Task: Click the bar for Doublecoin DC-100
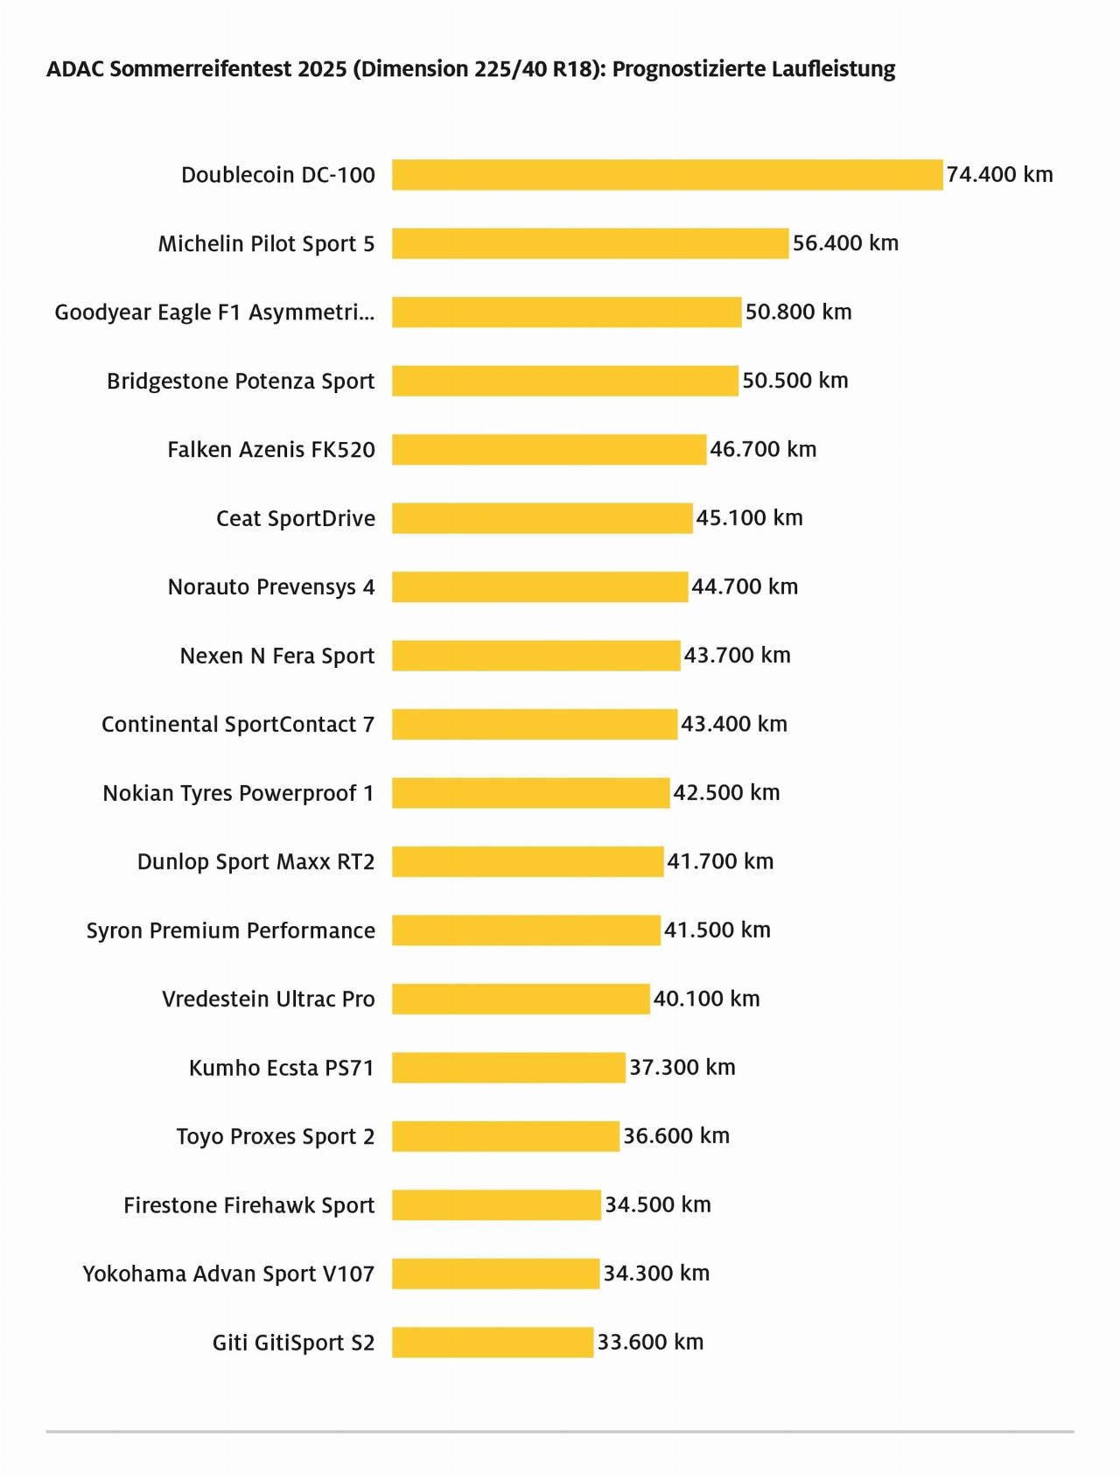(x=667, y=175)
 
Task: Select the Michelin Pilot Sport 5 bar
(x=590, y=243)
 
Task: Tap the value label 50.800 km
(x=798, y=312)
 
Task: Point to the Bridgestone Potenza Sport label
(x=241, y=382)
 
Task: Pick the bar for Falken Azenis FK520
(x=549, y=450)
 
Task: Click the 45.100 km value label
(x=749, y=518)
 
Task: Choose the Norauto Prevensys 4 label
(x=271, y=587)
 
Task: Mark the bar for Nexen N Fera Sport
(x=535, y=656)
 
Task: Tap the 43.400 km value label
(x=734, y=724)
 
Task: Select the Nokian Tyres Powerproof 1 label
(x=238, y=794)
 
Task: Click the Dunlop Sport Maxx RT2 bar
(x=528, y=862)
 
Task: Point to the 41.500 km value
(x=717, y=930)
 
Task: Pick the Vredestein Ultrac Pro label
(x=268, y=1000)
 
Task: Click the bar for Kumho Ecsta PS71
(x=508, y=1068)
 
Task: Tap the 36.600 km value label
(x=675, y=1136)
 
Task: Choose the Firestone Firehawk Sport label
(x=248, y=1206)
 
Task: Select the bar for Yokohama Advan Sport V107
(x=495, y=1274)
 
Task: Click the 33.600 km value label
(x=650, y=1342)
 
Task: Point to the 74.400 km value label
(x=999, y=175)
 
